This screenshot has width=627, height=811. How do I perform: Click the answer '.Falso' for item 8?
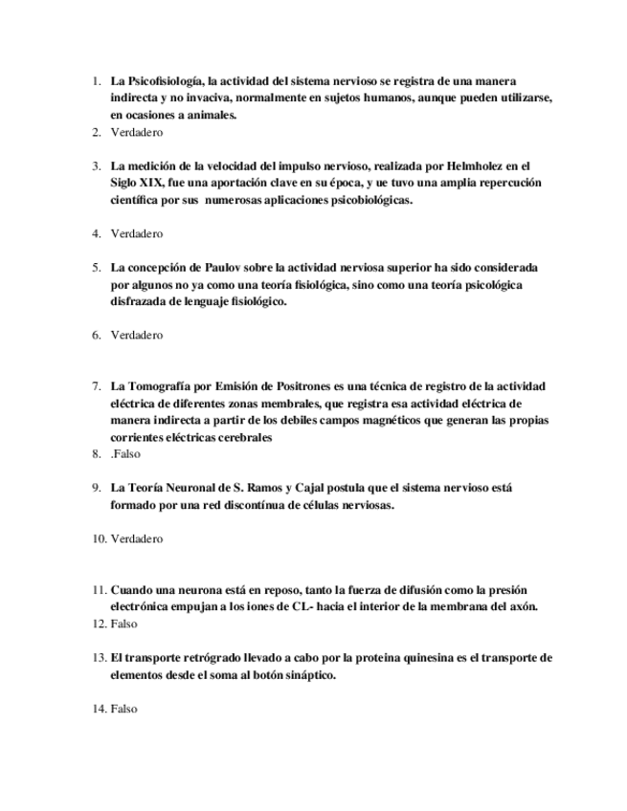(125, 454)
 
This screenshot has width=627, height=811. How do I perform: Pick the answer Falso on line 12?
(124, 624)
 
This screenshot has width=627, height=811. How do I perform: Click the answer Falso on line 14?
(124, 709)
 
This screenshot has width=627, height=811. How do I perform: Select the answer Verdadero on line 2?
(137, 132)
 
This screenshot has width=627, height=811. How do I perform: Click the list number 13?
(98, 658)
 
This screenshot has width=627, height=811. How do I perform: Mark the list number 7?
(97, 386)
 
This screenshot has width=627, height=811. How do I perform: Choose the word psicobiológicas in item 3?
(365, 199)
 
